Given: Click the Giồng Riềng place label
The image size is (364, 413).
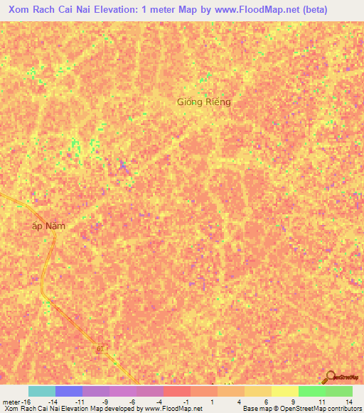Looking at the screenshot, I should (x=204, y=102).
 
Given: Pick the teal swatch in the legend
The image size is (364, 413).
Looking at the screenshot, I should (x=42, y=391).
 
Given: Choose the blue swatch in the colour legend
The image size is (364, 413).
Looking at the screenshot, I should (x=69, y=391).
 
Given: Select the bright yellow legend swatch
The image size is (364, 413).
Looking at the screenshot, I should (x=285, y=391).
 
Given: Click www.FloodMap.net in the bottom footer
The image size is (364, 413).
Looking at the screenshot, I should (x=173, y=409).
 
